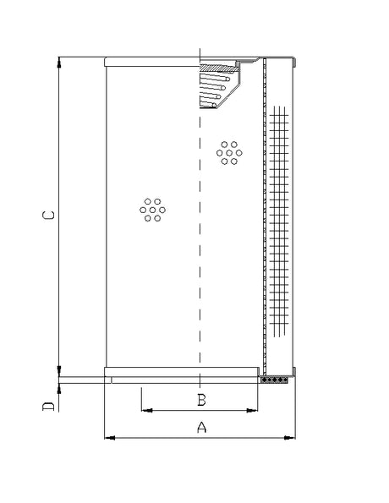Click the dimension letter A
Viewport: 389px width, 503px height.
(x=201, y=428)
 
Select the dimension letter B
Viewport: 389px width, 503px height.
(x=201, y=399)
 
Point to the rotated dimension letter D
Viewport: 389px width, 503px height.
(x=50, y=407)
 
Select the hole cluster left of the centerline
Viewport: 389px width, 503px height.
(x=153, y=210)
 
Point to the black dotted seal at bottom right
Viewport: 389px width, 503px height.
(x=276, y=380)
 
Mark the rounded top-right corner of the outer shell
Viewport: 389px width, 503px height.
(x=294, y=60)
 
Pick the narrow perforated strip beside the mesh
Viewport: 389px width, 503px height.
(x=266, y=220)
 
